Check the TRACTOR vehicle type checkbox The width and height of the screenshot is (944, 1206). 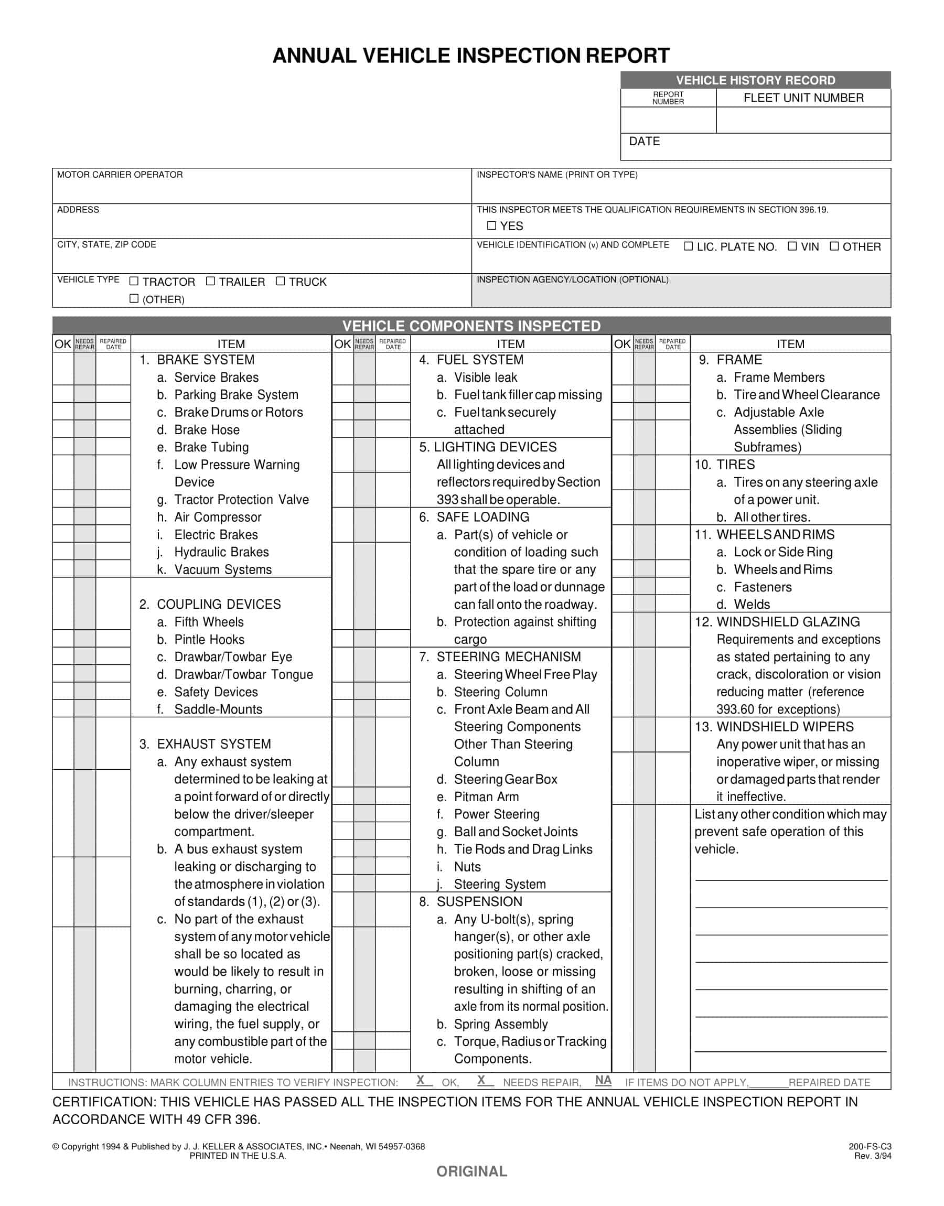click(x=134, y=281)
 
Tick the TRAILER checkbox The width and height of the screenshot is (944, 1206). click(x=211, y=281)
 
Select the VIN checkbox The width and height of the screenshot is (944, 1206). click(x=792, y=246)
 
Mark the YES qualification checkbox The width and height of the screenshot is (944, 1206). click(x=491, y=225)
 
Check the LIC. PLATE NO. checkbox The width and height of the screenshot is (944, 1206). click(x=688, y=246)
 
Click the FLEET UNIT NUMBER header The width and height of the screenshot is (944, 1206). click(x=803, y=98)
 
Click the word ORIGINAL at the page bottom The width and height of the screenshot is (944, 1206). click(x=471, y=1171)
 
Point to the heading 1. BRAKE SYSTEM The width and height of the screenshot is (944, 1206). click(x=197, y=360)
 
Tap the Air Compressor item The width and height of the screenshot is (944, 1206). click(x=218, y=517)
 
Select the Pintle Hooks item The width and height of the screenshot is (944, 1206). click(x=209, y=639)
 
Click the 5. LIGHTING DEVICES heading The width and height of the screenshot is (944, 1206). click(x=488, y=447)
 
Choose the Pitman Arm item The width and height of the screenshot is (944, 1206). click(x=486, y=796)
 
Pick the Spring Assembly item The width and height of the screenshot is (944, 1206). click(x=500, y=1024)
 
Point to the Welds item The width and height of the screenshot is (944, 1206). click(x=752, y=605)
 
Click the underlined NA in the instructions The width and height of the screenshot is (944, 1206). click(x=603, y=1080)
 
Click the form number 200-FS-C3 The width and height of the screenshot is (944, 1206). click(x=870, y=1146)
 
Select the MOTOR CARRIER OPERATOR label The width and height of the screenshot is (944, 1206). click(x=120, y=175)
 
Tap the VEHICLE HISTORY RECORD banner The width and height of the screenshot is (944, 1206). click(x=755, y=80)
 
